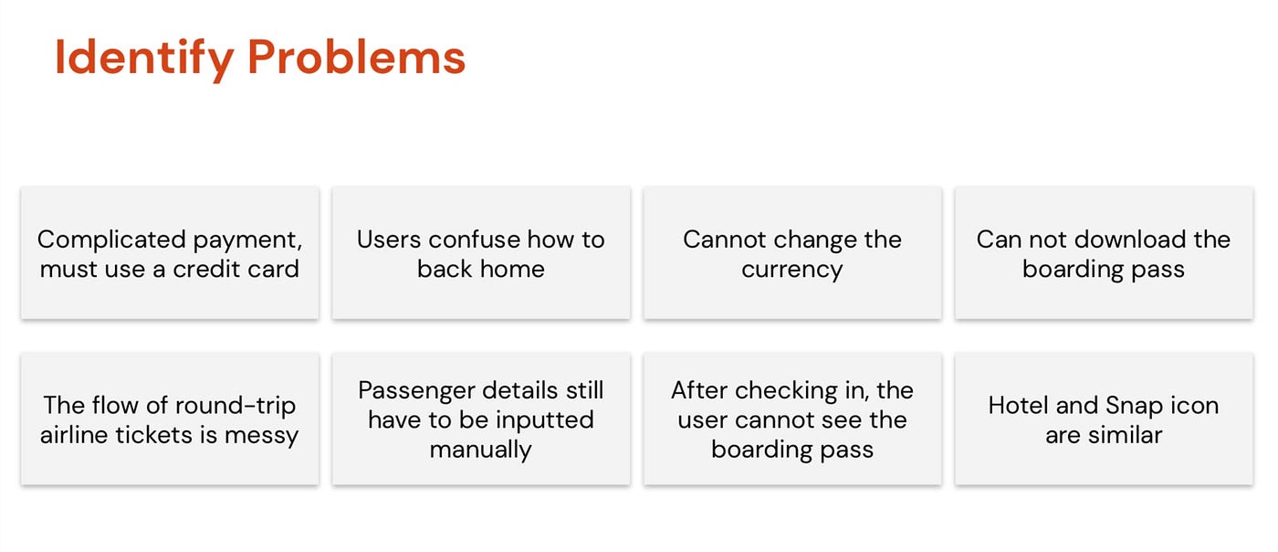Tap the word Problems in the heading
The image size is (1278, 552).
[x=357, y=58]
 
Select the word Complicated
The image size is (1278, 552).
[x=111, y=240]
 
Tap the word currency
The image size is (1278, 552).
[x=792, y=271]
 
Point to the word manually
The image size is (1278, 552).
[x=480, y=451]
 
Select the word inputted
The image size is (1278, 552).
[x=544, y=421]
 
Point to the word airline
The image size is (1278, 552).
[x=75, y=435]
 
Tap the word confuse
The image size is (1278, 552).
[x=475, y=240]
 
